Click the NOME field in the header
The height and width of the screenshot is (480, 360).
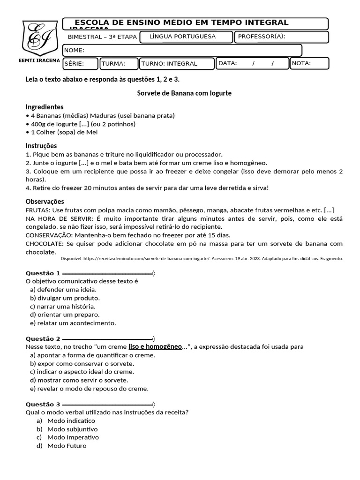pyautogui.click(x=182, y=50)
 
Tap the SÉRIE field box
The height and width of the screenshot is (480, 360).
pyautogui.click(x=80, y=63)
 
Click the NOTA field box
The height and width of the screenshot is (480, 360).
pyautogui.click(x=309, y=63)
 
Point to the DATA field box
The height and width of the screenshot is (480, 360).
pyautogui.click(x=252, y=63)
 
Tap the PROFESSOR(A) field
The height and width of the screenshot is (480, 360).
pyautogui.click(x=281, y=37)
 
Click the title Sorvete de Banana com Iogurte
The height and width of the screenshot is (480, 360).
pyautogui.click(x=184, y=93)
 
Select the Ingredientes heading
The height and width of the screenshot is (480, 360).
pyautogui.click(x=45, y=107)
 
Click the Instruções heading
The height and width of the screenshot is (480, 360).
pyautogui.click(x=41, y=146)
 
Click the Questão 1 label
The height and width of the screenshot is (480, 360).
pyautogui.click(x=43, y=273)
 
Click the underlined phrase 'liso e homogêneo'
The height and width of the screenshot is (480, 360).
pyautogui.click(x=155, y=347)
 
